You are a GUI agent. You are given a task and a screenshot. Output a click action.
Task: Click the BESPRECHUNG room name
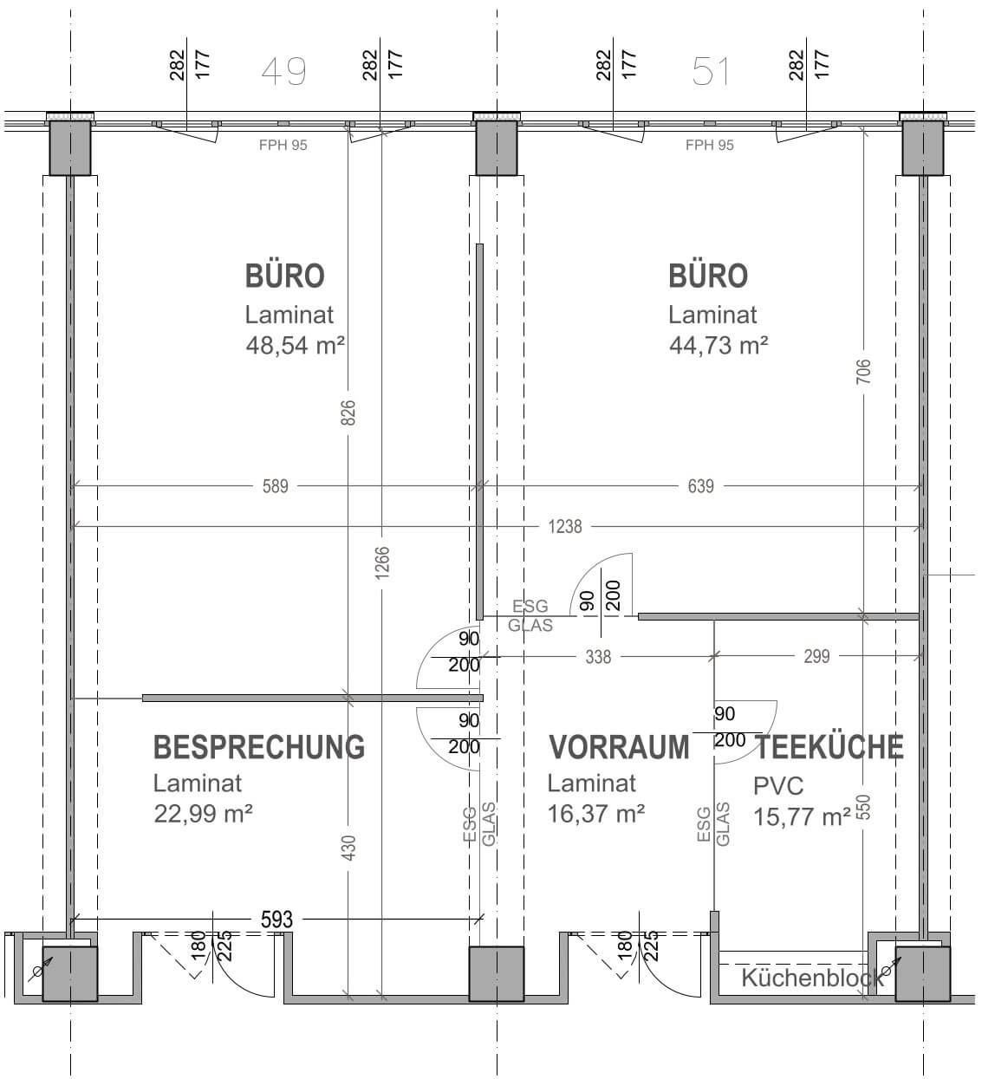click(259, 748)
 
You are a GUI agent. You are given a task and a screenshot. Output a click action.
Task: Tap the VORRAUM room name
click(619, 748)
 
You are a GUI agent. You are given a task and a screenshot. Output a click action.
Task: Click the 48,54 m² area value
click(295, 345)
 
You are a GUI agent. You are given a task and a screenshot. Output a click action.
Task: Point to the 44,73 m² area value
click(719, 345)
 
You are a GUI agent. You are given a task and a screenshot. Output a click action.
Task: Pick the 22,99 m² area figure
click(203, 814)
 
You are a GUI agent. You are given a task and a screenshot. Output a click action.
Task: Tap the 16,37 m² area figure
click(595, 814)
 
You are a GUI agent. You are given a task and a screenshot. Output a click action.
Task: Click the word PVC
click(778, 786)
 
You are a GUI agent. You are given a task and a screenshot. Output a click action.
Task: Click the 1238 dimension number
click(565, 527)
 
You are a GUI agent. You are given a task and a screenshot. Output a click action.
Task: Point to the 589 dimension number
click(275, 486)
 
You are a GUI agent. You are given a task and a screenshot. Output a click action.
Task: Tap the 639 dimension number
click(700, 486)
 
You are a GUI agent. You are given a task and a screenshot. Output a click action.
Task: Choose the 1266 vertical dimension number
click(382, 563)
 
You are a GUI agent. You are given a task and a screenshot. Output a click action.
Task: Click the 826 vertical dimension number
click(348, 413)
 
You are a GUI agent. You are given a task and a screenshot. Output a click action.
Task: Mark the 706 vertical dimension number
click(863, 372)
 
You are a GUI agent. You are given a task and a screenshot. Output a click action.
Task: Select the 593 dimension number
click(276, 920)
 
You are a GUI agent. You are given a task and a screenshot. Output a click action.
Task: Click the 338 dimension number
click(598, 657)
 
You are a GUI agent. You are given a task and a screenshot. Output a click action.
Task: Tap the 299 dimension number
click(816, 656)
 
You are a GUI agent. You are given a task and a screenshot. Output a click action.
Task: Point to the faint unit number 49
click(284, 72)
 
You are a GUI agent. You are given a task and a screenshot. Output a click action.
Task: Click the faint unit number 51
click(710, 72)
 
